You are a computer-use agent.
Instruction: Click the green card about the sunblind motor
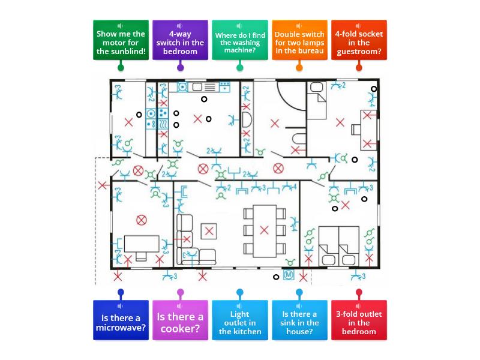(x=121, y=40)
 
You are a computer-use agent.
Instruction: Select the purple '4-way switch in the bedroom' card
(x=180, y=40)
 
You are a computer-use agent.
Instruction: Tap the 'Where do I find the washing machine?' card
(x=239, y=40)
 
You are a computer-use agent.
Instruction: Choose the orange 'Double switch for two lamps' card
(x=299, y=40)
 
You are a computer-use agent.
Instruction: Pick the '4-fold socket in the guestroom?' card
(x=359, y=40)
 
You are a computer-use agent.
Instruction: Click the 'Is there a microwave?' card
(x=121, y=320)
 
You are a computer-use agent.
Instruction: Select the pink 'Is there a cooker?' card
(x=180, y=320)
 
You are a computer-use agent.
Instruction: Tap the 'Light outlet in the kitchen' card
(x=239, y=320)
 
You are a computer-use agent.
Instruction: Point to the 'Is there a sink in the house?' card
(x=299, y=320)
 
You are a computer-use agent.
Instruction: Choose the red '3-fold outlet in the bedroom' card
(x=359, y=320)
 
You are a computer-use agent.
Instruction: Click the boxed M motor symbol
(x=289, y=275)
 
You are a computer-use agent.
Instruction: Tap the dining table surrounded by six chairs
(x=265, y=231)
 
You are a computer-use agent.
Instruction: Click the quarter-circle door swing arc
(x=288, y=101)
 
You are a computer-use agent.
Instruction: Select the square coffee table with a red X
(x=209, y=231)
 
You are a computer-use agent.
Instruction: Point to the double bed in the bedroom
(x=338, y=246)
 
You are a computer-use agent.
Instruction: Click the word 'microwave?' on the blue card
(x=121, y=328)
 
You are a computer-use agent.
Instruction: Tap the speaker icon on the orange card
(x=299, y=26)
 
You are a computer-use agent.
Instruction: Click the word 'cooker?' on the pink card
(x=180, y=329)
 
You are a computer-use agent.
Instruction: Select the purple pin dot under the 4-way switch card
(x=181, y=67)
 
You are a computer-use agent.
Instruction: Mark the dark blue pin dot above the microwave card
(x=121, y=292)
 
